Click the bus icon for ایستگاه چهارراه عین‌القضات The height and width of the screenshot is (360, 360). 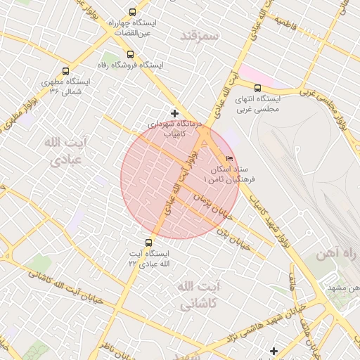(x=133, y=12)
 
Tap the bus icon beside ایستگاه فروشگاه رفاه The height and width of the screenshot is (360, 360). (x=129, y=54)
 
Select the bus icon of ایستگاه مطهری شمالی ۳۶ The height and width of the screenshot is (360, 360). (x=66, y=71)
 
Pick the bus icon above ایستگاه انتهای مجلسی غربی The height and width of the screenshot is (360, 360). (x=257, y=88)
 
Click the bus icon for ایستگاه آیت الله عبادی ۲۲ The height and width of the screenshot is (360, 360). (x=147, y=242)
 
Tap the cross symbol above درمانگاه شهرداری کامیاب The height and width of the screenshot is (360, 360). (x=174, y=113)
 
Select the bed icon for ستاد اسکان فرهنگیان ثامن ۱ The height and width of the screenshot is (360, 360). (x=230, y=158)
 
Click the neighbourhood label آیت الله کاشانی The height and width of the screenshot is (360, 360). (x=188, y=295)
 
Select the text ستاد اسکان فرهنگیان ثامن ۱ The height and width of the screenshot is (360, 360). (x=228, y=175)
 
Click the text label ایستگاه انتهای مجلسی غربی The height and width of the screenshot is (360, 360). (x=257, y=103)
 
